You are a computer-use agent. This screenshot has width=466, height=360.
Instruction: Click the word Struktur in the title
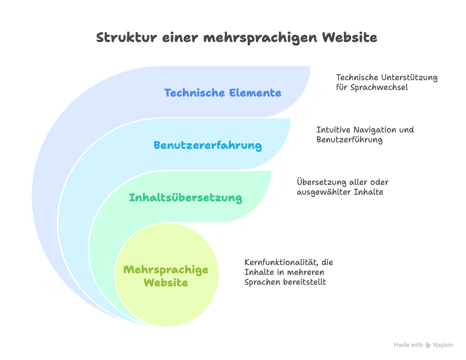(x=127, y=38)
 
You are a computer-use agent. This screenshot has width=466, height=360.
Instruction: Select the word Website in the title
(x=350, y=38)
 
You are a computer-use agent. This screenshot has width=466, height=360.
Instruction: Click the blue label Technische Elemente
(x=223, y=93)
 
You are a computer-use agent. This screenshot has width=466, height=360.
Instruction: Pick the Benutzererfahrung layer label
(x=208, y=145)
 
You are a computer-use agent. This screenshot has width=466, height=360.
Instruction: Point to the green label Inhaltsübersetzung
(x=186, y=197)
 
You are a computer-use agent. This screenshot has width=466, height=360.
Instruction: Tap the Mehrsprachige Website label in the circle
(x=166, y=276)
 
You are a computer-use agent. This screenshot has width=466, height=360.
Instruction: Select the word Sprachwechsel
(x=379, y=87)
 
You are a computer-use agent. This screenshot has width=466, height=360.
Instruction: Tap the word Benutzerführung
(x=349, y=140)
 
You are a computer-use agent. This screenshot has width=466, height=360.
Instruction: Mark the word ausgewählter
(x=324, y=192)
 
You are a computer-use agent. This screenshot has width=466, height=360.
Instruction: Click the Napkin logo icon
(x=428, y=345)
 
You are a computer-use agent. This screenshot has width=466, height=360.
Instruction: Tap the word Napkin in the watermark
(x=443, y=345)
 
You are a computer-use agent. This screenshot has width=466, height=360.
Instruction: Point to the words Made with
(x=408, y=345)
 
